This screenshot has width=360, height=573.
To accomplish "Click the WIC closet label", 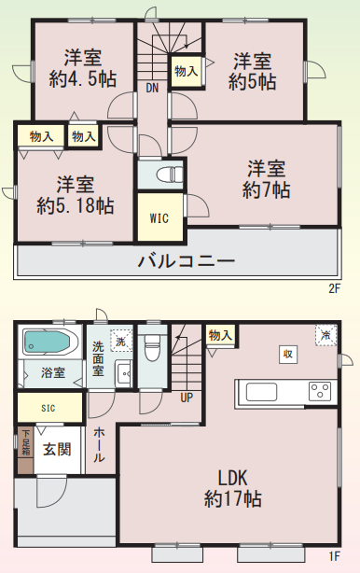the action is [159, 218].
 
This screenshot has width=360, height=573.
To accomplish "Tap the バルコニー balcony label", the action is [187, 261].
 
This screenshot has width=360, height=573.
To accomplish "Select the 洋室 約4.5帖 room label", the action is [83, 68].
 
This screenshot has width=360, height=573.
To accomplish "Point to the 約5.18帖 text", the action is [76, 205].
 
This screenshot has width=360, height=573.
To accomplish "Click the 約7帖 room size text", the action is [267, 189].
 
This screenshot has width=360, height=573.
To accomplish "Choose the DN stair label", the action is [152, 88].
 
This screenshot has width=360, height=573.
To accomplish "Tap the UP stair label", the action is [187, 398].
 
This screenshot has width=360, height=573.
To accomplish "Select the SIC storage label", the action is [48, 408].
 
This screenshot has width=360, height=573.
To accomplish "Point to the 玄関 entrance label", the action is [57, 449].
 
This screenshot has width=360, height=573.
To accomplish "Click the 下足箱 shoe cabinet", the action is [25, 450].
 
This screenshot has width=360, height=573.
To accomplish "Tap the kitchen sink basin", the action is [261, 392].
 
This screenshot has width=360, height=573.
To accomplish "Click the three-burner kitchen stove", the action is [320, 391].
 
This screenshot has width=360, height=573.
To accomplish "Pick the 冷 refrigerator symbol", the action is [325, 335].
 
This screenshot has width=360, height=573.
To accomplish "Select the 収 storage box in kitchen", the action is [288, 354].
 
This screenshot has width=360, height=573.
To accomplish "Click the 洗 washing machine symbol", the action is [121, 341].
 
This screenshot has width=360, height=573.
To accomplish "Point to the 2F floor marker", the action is [335, 289].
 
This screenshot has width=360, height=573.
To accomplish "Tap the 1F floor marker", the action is [335, 556].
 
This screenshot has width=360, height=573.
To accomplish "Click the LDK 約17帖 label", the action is [232, 488].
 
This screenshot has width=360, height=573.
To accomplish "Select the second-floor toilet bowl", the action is [170, 174].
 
